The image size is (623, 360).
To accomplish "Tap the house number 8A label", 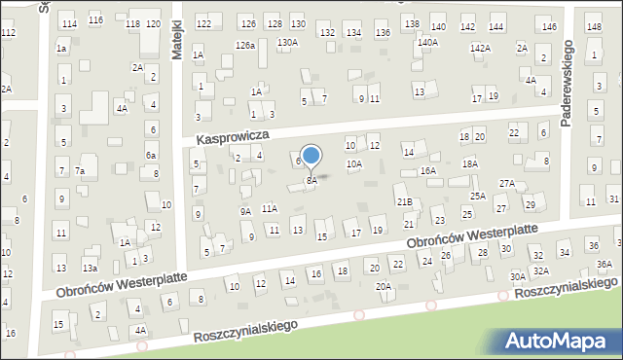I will point(312,181).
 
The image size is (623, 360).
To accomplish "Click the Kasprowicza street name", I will point(232,139).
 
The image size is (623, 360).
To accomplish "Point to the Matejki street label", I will point(178,42).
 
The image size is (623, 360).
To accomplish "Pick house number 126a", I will point(244,46).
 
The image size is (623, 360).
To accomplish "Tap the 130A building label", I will point(287,43).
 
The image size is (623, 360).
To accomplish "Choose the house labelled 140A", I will point(427,43).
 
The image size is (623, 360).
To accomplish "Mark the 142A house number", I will point(480,48).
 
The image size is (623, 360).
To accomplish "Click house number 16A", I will point(428,170).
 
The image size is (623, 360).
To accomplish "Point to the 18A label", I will point(470,164).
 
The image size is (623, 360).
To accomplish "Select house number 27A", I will point(507,183).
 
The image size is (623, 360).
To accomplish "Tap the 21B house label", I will point(404,201).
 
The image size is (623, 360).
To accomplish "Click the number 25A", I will point(478,197).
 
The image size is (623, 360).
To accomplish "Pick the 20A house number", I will point(385,286).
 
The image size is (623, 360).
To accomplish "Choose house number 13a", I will point(90,268).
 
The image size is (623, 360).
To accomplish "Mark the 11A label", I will point(270,208).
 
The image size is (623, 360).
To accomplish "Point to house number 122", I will point(203,22).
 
